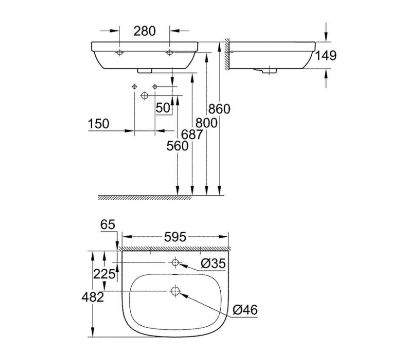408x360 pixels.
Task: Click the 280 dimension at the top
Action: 144,32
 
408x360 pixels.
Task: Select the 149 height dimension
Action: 325,56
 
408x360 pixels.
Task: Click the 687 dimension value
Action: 192,134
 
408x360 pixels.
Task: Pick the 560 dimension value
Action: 177,146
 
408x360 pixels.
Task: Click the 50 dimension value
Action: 163,108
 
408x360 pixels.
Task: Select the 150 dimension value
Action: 98,124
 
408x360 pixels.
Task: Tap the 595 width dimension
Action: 175,237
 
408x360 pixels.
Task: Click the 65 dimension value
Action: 108,225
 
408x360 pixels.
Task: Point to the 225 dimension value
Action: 104,274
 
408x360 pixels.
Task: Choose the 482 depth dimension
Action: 92,297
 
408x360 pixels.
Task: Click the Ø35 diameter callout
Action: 213,263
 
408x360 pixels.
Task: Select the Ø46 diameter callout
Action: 244,309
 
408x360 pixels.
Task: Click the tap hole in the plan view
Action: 175,262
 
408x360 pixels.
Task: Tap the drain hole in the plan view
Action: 175,291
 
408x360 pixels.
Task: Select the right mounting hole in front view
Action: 169,53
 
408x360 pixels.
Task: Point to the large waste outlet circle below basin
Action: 145,96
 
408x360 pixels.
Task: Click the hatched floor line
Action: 144,198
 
